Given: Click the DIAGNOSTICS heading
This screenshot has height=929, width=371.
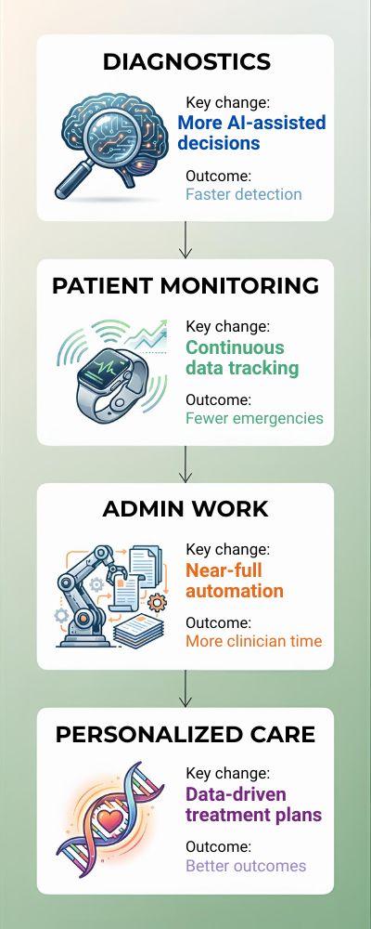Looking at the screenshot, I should click(x=185, y=62).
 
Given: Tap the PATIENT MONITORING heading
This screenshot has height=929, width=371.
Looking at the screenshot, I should click(x=185, y=285).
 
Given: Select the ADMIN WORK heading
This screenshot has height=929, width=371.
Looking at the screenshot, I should click(x=185, y=508).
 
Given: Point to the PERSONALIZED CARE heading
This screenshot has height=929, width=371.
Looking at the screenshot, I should click(x=185, y=735).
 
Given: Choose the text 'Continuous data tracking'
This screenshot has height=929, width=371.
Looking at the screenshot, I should click(x=241, y=358).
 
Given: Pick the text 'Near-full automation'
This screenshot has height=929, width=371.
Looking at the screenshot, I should click(x=235, y=581).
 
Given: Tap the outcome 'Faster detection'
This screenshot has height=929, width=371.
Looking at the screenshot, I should click(x=243, y=194).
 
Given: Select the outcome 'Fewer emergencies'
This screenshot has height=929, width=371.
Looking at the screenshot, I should click(x=254, y=418).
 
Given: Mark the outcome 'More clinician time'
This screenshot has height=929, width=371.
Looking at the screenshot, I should click(x=253, y=641).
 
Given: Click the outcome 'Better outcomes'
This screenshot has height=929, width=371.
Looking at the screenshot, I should click(x=246, y=866).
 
